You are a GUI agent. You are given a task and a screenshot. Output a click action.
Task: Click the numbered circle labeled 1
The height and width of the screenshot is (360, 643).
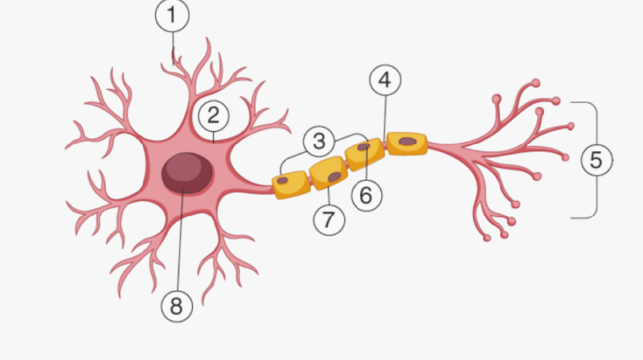click(x=172, y=15)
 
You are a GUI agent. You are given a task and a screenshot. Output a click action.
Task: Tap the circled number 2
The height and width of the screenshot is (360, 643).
click(x=214, y=116)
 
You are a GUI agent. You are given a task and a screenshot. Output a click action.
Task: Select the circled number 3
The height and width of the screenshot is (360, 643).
click(x=319, y=141)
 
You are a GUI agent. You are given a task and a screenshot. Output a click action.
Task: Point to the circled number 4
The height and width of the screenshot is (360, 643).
click(x=386, y=80)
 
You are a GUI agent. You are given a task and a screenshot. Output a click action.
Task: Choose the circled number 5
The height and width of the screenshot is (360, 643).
click(x=597, y=159)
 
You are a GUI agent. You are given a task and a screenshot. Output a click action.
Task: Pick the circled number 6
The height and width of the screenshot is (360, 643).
click(x=367, y=195)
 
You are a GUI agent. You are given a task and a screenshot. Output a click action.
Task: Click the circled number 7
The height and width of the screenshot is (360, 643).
click(x=329, y=219)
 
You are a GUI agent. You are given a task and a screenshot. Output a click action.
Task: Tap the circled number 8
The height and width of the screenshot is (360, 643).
click(x=177, y=306)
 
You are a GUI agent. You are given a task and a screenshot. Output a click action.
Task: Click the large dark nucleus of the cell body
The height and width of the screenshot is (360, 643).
click(x=187, y=173)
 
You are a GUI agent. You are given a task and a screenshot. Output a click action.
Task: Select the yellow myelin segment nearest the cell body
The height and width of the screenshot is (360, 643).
click(x=291, y=185)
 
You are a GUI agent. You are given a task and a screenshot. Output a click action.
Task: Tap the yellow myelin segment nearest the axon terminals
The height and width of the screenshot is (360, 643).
click(x=408, y=144)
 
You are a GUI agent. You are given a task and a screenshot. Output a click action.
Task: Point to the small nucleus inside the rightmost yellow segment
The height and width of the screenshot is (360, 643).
click(x=408, y=141)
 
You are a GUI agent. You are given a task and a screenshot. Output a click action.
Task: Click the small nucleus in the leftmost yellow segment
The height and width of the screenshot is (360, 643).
click(x=282, y=181)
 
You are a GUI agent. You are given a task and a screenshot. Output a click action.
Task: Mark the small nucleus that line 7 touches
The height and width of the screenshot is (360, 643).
click(x=334, y=177)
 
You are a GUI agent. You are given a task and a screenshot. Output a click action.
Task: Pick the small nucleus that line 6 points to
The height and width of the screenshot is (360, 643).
click(x=364, y=147)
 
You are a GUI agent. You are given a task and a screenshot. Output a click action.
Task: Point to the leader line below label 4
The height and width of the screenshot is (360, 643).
click(x=385, y=119)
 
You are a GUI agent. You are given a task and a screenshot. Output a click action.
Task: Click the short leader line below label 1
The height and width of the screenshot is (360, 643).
click(x=173, y=49)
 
